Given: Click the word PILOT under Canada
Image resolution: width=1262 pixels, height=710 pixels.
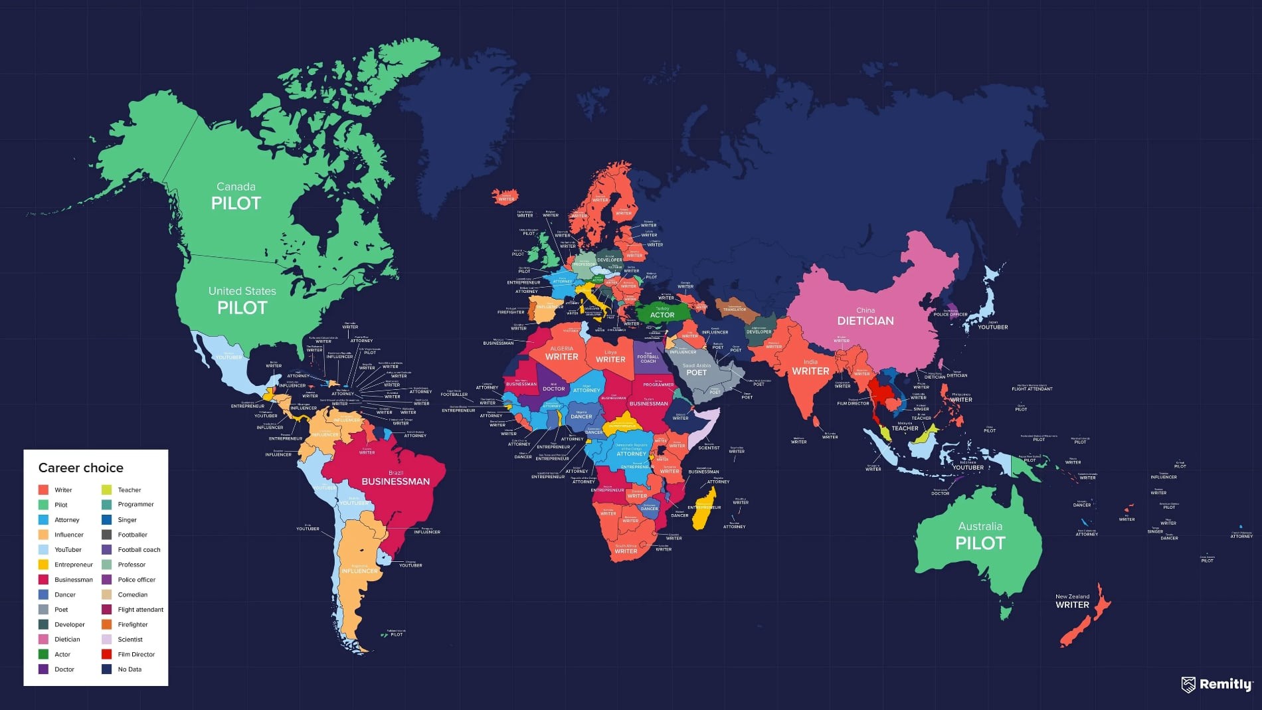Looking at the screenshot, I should click(x=236, y=203).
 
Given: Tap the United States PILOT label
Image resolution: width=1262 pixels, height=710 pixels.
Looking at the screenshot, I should click(x=242, y=308).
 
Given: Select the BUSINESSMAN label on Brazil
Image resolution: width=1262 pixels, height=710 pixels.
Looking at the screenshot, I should click(x=395, y=482).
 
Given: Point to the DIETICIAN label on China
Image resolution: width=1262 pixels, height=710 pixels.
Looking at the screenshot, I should click(x=865, y=321).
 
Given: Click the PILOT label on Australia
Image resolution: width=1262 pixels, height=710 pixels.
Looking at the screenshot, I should click(x=980, y=543).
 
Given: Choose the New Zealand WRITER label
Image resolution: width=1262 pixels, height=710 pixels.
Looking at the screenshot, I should click(x=1072, y=604).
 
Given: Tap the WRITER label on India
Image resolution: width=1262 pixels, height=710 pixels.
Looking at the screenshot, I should click(x=810, y=371).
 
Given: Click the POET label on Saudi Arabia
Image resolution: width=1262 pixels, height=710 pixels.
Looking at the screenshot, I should click(x=696, y=373).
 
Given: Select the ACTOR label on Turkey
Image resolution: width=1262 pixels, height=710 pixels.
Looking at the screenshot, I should click(x=662, y=315).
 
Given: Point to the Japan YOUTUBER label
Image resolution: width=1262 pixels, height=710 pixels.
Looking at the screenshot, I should click(x=992, y=327).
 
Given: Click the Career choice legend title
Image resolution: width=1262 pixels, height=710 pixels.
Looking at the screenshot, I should click(x=81, y=468).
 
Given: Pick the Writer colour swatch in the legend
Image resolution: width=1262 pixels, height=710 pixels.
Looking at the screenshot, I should click(x=43, y=489).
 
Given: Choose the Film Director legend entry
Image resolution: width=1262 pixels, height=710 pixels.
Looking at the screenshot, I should click(x=135, y=654).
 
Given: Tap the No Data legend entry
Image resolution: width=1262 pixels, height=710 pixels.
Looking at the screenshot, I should click(x=130, y=669).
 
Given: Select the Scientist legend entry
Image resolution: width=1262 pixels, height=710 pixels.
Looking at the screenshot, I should click(x=130, y=640).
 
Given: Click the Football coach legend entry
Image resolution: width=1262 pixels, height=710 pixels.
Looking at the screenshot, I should click(x=139, y=550).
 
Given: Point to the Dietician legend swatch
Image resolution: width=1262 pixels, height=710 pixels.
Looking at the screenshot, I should click(x=43, y=640).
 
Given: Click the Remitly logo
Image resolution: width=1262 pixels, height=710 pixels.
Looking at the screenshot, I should click(x=1217, y=684).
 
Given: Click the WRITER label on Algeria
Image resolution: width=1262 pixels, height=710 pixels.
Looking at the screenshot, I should click(x=561, y=357).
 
